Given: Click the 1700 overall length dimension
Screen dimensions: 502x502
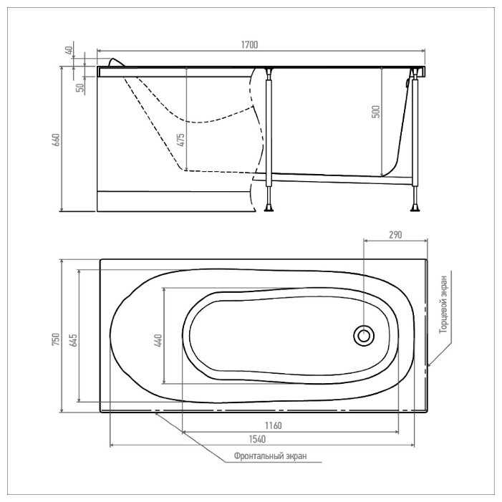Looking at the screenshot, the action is tap(249, 45).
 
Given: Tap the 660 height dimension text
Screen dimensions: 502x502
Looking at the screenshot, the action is tap(56, 140).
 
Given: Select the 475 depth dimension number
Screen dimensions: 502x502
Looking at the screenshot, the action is tap(181, 140).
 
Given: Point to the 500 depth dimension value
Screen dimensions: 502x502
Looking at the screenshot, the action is tap(376, 112).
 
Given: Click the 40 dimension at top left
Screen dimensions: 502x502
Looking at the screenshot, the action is tap(69, 50).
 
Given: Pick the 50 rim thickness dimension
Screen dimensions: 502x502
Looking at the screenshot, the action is tap(80, 87).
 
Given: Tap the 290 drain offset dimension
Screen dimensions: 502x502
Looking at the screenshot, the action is tap(395, 235).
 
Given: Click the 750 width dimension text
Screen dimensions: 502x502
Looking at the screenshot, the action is tap(56, 339).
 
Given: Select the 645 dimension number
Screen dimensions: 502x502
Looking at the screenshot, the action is tap(73, 340).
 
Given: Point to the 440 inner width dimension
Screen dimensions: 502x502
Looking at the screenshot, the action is tap(158, 340).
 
